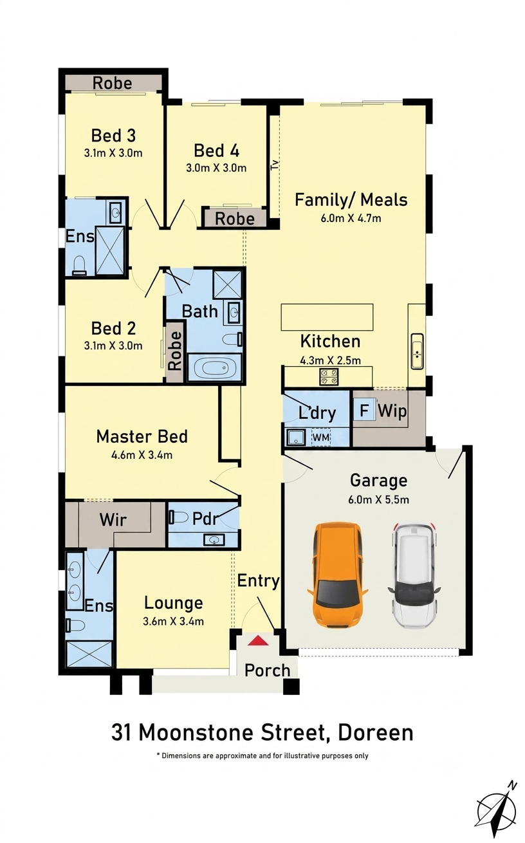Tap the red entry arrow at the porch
point(258,640)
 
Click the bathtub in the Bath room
point(214,367)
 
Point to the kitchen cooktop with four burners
point(329,376)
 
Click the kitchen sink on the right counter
point(417,351)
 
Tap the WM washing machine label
point(321,438)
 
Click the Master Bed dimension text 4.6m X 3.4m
point(142,455)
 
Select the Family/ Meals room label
point(351,200)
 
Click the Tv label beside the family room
point(275,165)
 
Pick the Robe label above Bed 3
point(113,83)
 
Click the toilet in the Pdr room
point(178,517)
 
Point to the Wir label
point(113,520)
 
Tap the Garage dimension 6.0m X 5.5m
point(378,500)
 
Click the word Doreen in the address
point(376,733)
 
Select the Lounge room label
point(174,603)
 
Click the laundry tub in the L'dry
point(297,438)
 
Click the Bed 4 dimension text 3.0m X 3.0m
point(216,168)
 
